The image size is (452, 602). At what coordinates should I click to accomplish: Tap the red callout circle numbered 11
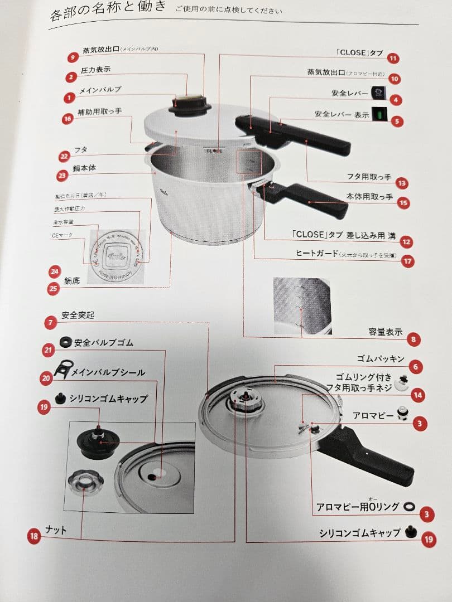(393, 58)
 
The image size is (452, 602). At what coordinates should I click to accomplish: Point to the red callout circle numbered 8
(413, 338)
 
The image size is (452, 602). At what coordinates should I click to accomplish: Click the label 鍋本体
(86, 168)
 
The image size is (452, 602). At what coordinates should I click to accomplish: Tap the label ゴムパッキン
(381, 358)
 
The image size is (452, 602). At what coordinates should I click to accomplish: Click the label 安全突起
(78, 315)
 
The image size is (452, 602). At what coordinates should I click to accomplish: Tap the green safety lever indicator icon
(379, 114)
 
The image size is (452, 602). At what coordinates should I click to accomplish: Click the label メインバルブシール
(108, 372)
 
